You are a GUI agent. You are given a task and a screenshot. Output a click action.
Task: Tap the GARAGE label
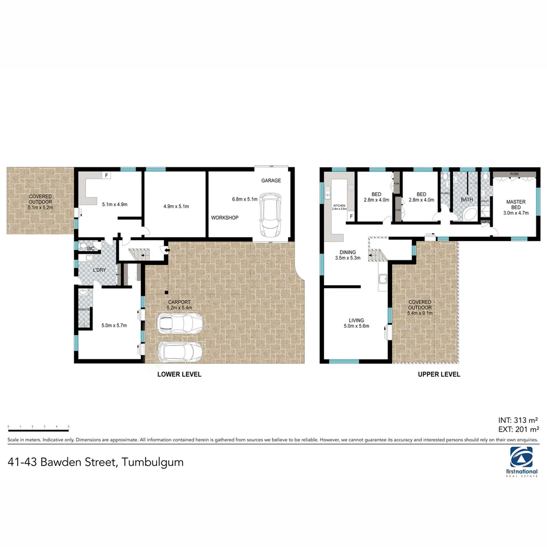click(x=271, y=181)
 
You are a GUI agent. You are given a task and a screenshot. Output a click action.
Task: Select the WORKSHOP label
click(x=225, y=217)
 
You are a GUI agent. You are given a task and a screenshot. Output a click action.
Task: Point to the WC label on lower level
click(x=91, y=249)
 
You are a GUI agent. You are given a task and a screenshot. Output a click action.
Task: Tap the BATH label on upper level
click(x=466, y=200)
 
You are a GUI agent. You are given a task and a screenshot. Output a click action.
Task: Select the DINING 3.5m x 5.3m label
click(x=348, y=255)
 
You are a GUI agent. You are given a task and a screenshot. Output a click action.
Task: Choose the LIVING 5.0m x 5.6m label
click(x=356, y=323)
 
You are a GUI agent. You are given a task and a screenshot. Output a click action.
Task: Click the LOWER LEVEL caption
click(x=180, y=374)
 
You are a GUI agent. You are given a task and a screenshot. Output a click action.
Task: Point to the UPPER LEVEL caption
click(x=439, y=374)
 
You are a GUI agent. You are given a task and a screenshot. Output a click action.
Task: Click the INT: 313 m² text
click(x=518, y=420)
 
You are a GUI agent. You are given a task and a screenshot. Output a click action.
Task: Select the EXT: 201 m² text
click(x=518, y=429)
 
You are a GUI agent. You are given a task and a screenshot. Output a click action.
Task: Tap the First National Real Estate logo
click(x=521, y=461)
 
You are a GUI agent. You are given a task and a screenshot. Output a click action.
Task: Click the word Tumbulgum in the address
click(x=152, y=462)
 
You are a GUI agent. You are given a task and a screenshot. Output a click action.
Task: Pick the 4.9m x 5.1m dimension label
click(x=176, y=206)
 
